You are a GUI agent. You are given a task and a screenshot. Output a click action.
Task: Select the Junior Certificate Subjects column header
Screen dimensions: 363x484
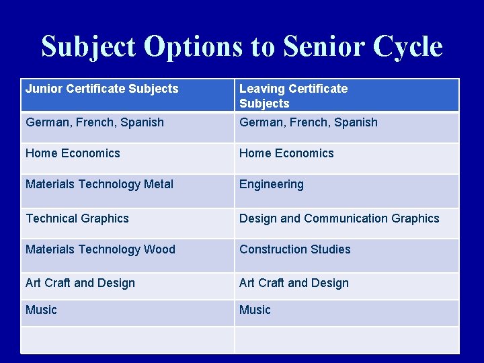(x=102, y=89)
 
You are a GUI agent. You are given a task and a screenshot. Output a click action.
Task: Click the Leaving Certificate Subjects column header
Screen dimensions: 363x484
(x=294, y=95)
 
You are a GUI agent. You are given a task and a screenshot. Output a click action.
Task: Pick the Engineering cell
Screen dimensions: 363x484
(x=272, y=184)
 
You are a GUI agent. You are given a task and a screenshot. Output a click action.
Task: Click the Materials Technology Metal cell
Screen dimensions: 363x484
(x=99, y=184)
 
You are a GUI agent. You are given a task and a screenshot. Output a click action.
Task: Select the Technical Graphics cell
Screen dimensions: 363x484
(x=77, y=218)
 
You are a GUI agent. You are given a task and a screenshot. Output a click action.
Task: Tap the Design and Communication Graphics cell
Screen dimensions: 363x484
(x=339, y=218)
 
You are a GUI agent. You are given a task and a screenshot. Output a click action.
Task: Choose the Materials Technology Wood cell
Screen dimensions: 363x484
(x=100, y=249)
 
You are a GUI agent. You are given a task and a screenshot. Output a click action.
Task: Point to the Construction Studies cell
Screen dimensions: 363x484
(x=295, y=249)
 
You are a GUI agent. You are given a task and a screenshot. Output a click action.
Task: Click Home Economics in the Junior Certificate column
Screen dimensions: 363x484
(x=73, y=153)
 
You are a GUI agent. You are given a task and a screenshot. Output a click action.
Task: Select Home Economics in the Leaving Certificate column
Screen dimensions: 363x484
(x=286, y=153)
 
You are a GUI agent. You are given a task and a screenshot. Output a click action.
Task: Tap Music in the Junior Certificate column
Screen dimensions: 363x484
(x=41, y=310)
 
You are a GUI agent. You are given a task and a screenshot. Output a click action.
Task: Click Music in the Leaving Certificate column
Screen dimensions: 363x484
(x=255, y=310)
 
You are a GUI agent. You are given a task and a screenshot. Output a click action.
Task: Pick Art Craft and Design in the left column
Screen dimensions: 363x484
(x=80, y=283)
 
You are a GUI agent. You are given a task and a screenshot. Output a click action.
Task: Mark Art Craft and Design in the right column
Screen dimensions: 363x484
(x=294, y=283)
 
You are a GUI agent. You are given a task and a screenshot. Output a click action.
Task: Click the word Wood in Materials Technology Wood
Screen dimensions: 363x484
(x=160, y=249)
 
